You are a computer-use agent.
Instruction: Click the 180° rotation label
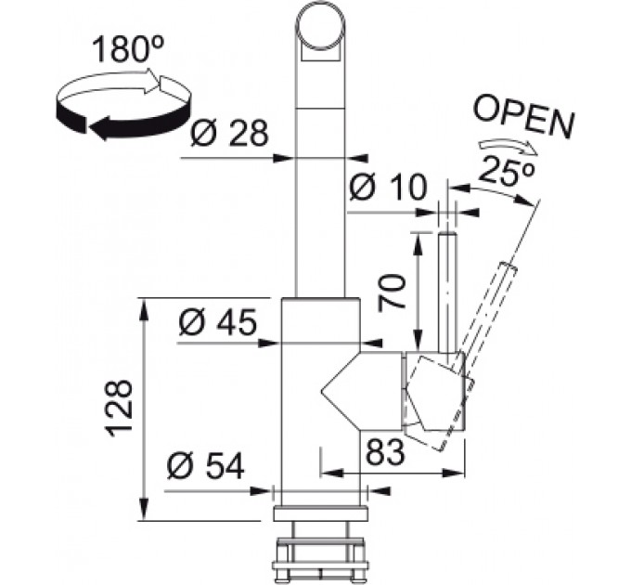pyautogui.click(x=127, y=49)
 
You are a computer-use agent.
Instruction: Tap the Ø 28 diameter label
pyautogui.click(x=229, y=134)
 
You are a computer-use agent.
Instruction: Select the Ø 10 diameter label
pyautogui.click(x=387, y=188)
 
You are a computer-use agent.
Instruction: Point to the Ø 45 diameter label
pyautogui.click(x=218, y=322)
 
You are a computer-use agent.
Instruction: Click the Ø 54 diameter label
pyautogui.click(x=206, y=466)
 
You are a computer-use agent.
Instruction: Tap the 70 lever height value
pyautogui.click(x=392, y=291)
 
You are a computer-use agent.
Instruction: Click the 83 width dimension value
pyautogui.click(x=384, y=451)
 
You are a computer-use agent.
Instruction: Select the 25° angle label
pyautogui.click(x=507, y=170)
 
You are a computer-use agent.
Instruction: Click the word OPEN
pyautogui.click(x=524, y=118)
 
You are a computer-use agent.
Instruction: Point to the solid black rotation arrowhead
pyautogui.click(x=104, y=128)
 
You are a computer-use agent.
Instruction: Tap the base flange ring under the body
pyautogui.click(x=320, y=514)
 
